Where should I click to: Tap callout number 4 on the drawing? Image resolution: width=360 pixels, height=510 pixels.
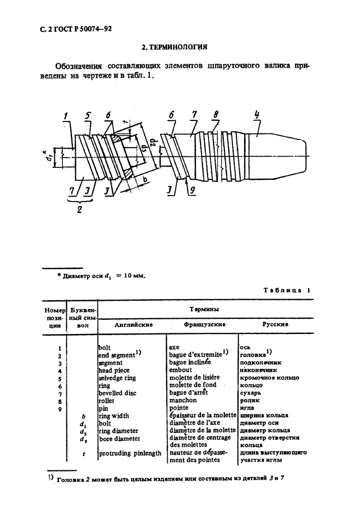(257, 114)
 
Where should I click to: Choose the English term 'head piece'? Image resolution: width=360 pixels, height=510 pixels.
(114, 370)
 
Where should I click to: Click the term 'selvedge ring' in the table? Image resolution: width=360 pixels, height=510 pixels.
(118, 378)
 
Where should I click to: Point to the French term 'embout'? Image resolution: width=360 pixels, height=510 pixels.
(180, 370)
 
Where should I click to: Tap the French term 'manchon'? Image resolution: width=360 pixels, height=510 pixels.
(184, 399)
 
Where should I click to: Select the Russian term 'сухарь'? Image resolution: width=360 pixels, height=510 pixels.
(253, 392)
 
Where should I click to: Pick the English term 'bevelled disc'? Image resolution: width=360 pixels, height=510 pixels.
(118, 392)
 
